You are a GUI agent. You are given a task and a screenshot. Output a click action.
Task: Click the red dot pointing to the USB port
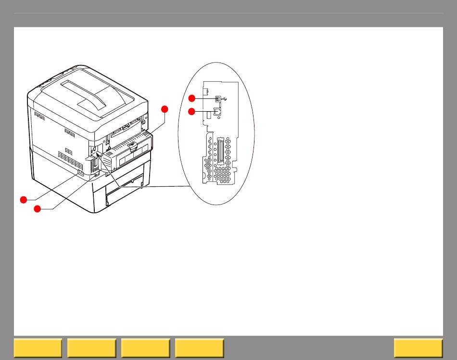191,98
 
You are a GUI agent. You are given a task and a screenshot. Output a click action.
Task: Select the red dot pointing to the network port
191,112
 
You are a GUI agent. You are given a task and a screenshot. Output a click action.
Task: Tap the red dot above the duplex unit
165,109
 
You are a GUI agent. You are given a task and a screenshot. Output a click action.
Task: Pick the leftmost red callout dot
23,199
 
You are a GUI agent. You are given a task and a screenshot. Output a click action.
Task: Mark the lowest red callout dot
37,209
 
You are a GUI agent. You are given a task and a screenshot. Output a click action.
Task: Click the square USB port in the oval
217,98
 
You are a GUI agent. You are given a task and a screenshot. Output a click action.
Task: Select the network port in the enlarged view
217,111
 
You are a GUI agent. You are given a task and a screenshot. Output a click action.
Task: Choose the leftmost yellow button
38,348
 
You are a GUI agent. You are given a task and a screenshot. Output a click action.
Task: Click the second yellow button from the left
92,348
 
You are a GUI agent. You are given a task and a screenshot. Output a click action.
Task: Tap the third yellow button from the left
146,348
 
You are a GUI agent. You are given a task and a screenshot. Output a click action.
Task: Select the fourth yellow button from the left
200,348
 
